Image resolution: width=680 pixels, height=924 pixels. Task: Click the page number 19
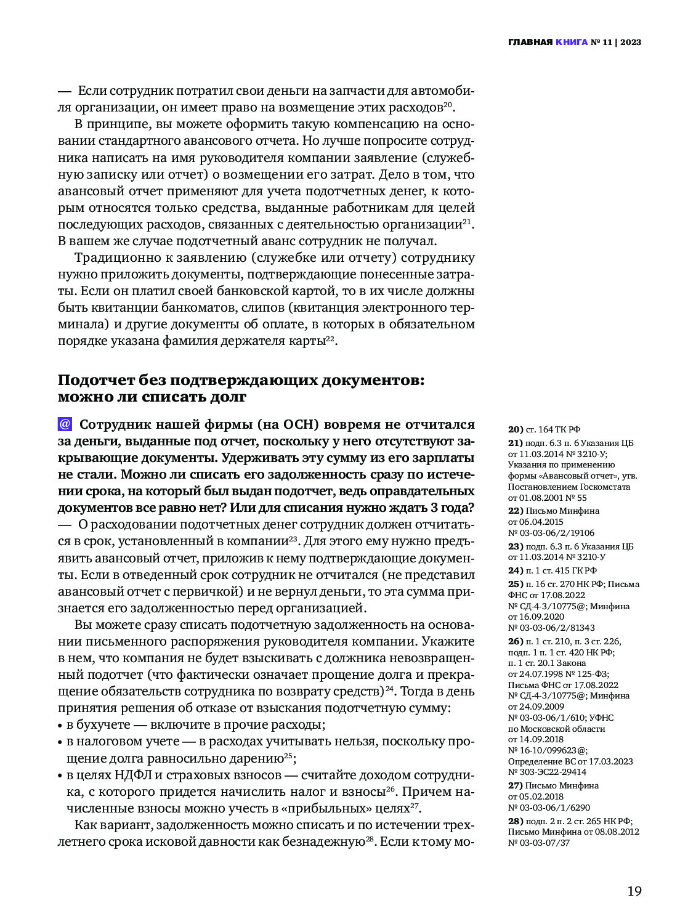pos(634,891)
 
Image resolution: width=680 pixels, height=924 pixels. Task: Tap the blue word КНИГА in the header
pos(571,43)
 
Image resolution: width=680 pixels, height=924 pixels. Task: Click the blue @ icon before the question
pos(65,424)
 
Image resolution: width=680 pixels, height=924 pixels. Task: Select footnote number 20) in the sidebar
pos(515,429)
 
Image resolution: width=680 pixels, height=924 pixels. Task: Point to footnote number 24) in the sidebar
pos(515,570)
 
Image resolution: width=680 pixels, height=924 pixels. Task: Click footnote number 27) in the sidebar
pos(515,785)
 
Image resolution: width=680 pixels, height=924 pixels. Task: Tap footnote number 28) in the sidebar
pos(515,821)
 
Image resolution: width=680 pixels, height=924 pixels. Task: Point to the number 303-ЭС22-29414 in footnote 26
pos(552,772)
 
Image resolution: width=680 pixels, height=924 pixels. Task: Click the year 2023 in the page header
pos(631,43)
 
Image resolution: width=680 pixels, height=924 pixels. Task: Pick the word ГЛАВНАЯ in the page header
pos(530,43)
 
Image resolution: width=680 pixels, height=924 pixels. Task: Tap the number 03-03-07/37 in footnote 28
pos(543,843)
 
